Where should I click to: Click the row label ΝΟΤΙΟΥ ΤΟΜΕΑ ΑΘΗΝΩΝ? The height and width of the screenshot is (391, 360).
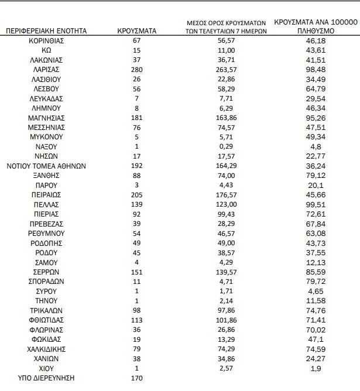click(46, 166)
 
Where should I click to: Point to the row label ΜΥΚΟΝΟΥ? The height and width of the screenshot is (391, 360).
click(46, 137)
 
